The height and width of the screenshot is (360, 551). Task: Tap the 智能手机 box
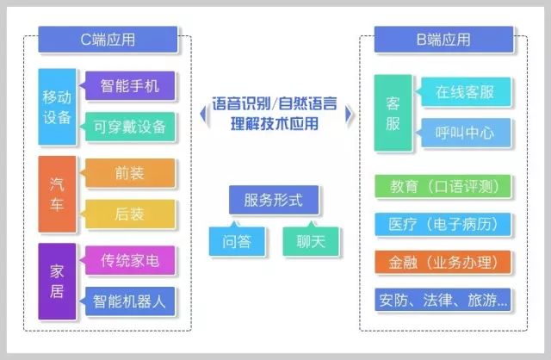tap(130, 85)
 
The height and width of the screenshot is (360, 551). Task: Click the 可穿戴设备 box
tap(130, 127)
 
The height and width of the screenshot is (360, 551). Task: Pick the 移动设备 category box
tap(56, 106)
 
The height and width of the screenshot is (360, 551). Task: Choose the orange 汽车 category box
tap(56, 195)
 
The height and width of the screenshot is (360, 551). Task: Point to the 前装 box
tap(130, 173)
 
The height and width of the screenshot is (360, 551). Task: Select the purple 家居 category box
tap(56, 281)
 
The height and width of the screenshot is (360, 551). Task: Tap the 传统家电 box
tap(130, 259)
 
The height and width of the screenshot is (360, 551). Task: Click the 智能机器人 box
tap(130, 301)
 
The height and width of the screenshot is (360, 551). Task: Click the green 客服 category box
tap(393, 112)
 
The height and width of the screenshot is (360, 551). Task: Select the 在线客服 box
tap(464, 91)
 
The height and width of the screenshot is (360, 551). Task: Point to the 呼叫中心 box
tap(464, 133)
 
